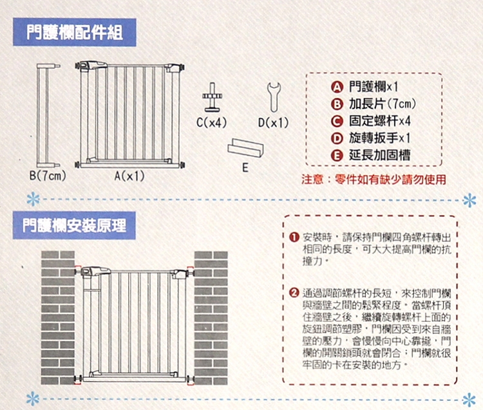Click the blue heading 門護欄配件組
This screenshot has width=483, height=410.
tap(75, 32)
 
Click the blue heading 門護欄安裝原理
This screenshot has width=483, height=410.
tap(74, 226)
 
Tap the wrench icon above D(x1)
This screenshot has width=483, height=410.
tap(274, 97)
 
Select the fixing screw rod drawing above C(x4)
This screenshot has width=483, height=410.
tap(213, 97)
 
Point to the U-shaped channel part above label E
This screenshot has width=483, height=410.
tap(245, 148)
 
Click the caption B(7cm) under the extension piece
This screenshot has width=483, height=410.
tap(48, 176)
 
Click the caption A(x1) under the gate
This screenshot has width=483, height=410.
tap(129, 176)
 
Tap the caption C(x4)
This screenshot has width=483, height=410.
tap(212, 122)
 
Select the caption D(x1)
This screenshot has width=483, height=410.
tap(274, 122)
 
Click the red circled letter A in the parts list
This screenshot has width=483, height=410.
tap(337, 88)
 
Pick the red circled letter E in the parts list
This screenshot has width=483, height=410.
tap(337, 156)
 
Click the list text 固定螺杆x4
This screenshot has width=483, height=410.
tap(380, 121)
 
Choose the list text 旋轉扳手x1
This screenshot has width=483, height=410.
tap(380, 138)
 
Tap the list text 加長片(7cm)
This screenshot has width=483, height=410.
tap(383, 104)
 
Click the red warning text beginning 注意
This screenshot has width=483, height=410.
tap(374, 180)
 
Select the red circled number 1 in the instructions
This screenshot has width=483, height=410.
tap(294, 238)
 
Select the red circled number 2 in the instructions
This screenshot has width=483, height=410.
tap(294, 292)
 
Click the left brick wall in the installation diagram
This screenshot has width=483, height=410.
tap(58, 318)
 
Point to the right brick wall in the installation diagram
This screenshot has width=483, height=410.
tap(211, 318)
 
